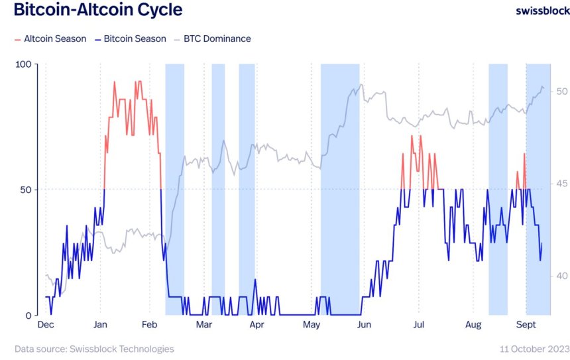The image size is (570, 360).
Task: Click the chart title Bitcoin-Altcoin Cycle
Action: coord(97,11)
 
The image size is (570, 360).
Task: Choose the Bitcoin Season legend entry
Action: coord(130,38)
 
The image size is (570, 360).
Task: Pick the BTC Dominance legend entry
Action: coord(213,38)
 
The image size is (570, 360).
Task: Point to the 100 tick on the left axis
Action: coord(23,64)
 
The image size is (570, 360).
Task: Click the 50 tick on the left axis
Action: coord(26,190)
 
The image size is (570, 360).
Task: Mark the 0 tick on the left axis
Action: coord(28,315)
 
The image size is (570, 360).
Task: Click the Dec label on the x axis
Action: coord(46,326)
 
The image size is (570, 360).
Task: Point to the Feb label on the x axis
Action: coord(150,326)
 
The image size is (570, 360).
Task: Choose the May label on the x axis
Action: coord(312,326)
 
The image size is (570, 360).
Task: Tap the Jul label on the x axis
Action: coord(418,326)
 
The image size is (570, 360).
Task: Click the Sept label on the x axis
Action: coord(526,326)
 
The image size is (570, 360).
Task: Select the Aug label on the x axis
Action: coord(473,326)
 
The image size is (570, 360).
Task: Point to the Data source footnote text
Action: coord(94,349)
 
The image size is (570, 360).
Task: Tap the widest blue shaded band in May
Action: coord(340,189)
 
